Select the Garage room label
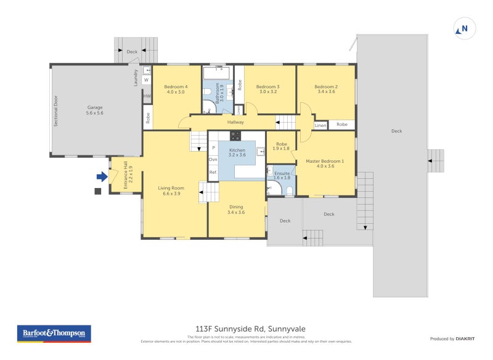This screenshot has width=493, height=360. pos(94,110)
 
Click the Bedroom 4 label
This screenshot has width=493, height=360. pos(176,89)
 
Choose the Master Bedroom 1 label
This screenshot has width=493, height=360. pos(325,163)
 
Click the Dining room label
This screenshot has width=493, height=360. pos(235,210)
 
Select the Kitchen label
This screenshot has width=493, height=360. pos(237,153)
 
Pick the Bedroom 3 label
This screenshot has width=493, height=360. pos(267,89)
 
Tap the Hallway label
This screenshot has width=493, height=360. pos(235,122)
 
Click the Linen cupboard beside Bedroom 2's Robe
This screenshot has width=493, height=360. pos(320,125)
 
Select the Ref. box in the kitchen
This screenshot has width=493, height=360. pos(213,172)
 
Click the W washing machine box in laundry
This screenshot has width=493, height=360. pos(147,80)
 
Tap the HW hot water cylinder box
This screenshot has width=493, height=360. pos(147,96)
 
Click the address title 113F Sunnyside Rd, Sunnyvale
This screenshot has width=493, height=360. pos(246,329)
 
